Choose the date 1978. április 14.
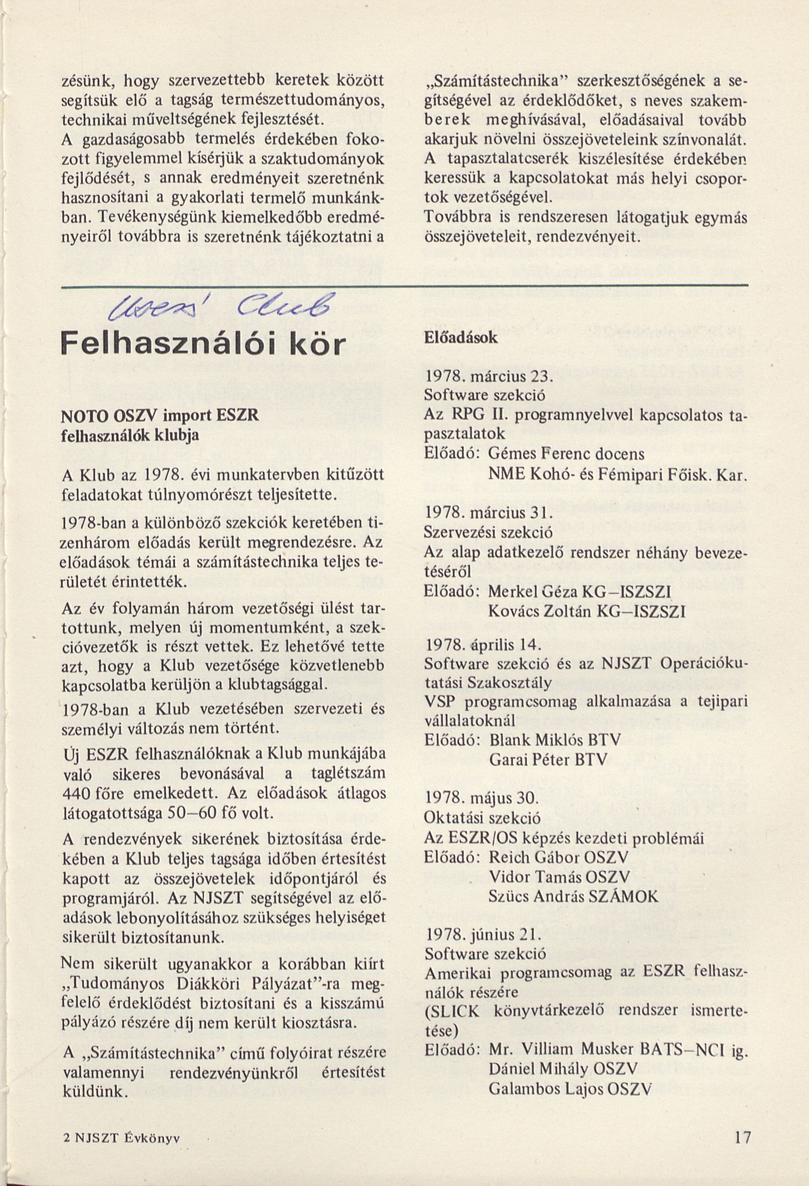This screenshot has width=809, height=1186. (x=482, y=645)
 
